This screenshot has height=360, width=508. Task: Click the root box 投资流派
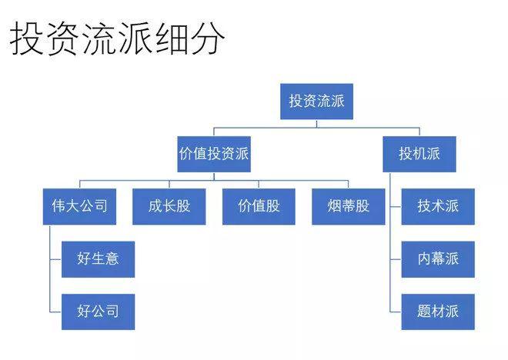316,102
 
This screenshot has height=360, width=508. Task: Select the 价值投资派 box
214,154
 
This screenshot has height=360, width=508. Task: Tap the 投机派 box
419,154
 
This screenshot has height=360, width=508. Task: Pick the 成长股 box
169,206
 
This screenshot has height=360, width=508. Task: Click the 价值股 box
259,206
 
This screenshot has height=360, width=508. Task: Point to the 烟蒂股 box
348,206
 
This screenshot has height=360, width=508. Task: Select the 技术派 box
438,206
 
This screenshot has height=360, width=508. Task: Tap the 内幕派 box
438,258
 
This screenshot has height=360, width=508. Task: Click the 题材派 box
438,312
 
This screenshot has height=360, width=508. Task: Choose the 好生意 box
98,258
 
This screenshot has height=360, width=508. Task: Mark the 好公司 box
98,312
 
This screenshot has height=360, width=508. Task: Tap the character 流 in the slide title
99,39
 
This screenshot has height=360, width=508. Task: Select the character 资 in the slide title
63,39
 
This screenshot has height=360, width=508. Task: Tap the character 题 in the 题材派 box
424,312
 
